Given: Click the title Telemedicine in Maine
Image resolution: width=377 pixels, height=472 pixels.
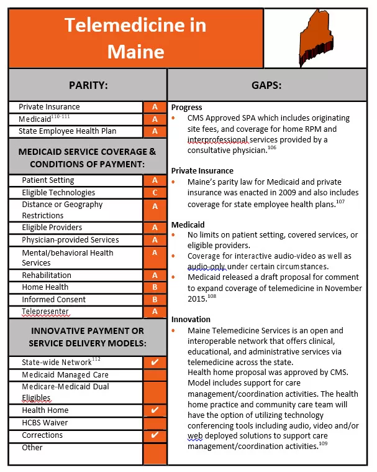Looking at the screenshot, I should [x=135, y=38].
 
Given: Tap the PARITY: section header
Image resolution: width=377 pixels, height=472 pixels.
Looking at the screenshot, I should [x=88, y=85].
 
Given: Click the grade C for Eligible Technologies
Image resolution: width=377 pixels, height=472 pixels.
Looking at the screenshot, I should [x=155, y=193].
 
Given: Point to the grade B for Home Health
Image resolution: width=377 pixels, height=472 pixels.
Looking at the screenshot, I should [x=155, y=287].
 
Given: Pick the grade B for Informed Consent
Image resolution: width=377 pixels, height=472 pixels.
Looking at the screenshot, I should [x=155, y=300].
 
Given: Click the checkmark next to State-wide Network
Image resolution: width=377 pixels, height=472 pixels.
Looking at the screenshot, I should [x=155, y=362].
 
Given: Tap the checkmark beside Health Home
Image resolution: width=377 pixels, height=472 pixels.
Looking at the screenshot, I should [x=155, y=410].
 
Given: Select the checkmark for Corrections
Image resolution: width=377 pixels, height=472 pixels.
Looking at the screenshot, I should [x=155, y=435].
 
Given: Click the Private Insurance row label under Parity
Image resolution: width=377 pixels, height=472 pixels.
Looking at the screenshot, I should [x=49, y=107].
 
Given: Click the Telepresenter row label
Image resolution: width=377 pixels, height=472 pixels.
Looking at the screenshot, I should [x=45, y=312].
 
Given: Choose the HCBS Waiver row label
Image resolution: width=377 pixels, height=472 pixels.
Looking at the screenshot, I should [x=45, y=423].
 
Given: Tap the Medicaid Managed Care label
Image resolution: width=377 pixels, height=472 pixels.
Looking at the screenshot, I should [x=65, y=375].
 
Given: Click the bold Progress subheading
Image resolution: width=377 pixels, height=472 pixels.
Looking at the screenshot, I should [x=186, y=108].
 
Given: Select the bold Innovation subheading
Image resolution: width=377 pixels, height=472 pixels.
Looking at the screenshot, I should [x=191, y=319].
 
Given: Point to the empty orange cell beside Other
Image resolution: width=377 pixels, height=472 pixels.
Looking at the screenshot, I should [x=155, y=453].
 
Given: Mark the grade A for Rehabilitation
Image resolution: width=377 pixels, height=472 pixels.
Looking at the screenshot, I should [x=155, y=275].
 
